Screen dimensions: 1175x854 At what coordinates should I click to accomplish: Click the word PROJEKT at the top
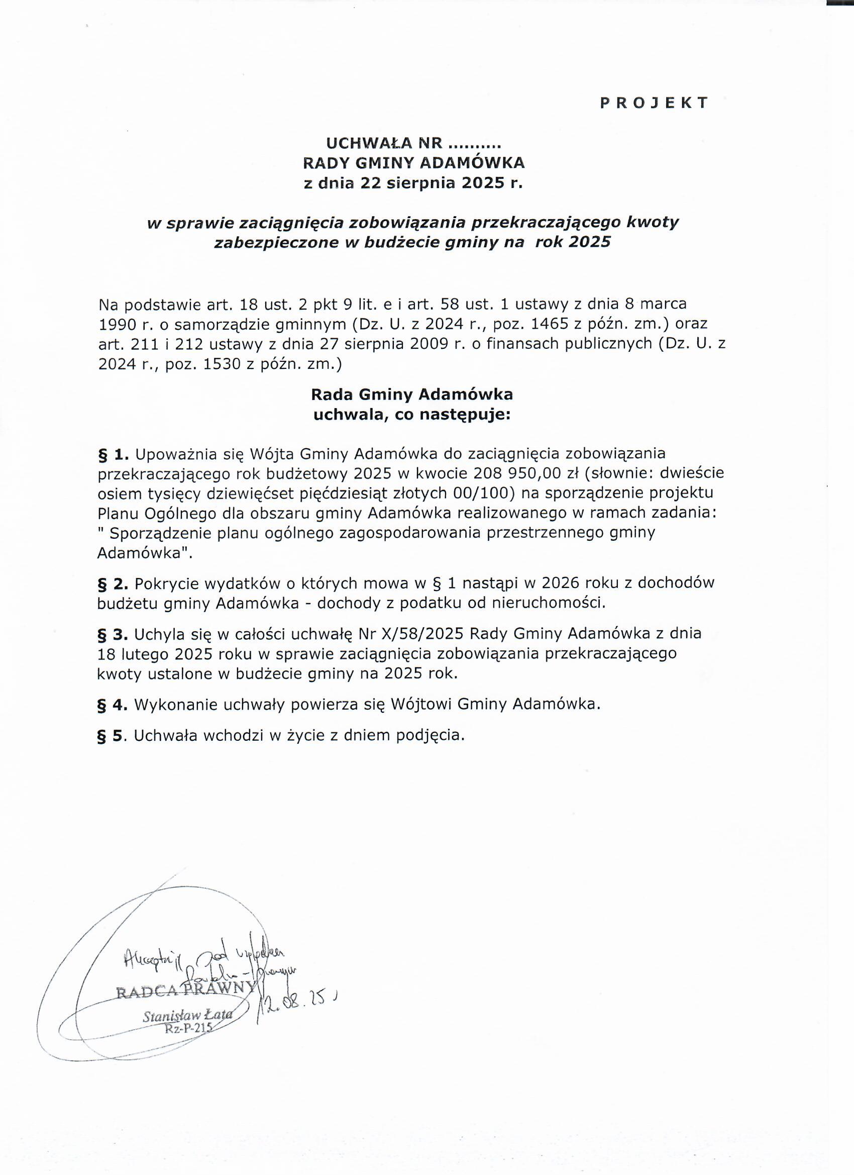pyautogui.click(x=654, y=103)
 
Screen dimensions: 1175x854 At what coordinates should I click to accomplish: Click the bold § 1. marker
pyautogui.click(x=113, y=454)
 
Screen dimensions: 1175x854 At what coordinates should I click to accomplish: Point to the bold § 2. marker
pyautogui.click(x=113, y=584)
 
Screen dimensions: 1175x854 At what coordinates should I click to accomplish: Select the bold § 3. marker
pyautogui.click(x=113, y=635)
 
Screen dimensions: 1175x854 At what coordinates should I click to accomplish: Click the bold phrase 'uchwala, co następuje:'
pyautogui.click(x=412, y=415)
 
